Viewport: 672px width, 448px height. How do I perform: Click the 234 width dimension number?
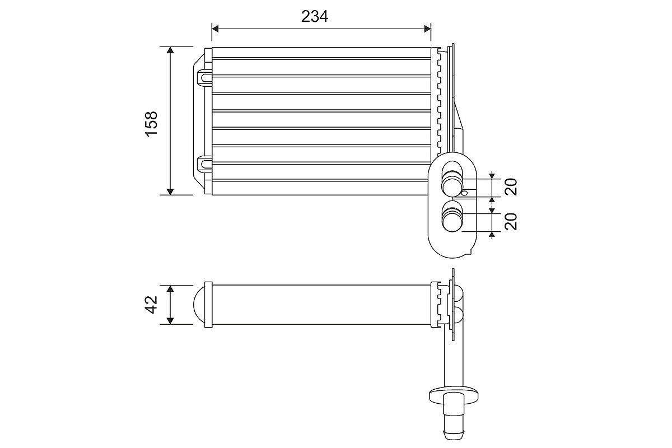[x=314, y=16]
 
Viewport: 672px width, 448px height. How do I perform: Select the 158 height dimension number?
[x=151, y=123]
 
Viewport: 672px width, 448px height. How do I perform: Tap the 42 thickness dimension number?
[x=151, y=304]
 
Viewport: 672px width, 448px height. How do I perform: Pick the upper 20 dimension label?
[x=510, y=186]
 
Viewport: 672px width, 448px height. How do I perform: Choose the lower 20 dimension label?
[x=510, y=222]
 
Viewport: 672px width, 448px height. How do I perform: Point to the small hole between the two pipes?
[x=464, y=194]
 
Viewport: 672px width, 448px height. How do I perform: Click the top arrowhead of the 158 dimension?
[x=171, y=51]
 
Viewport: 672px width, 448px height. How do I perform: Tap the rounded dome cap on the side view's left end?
[x=199, y=305]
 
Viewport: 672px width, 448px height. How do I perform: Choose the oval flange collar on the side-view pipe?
[x=454, y=394]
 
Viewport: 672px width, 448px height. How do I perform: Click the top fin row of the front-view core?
[x=322, y=53]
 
